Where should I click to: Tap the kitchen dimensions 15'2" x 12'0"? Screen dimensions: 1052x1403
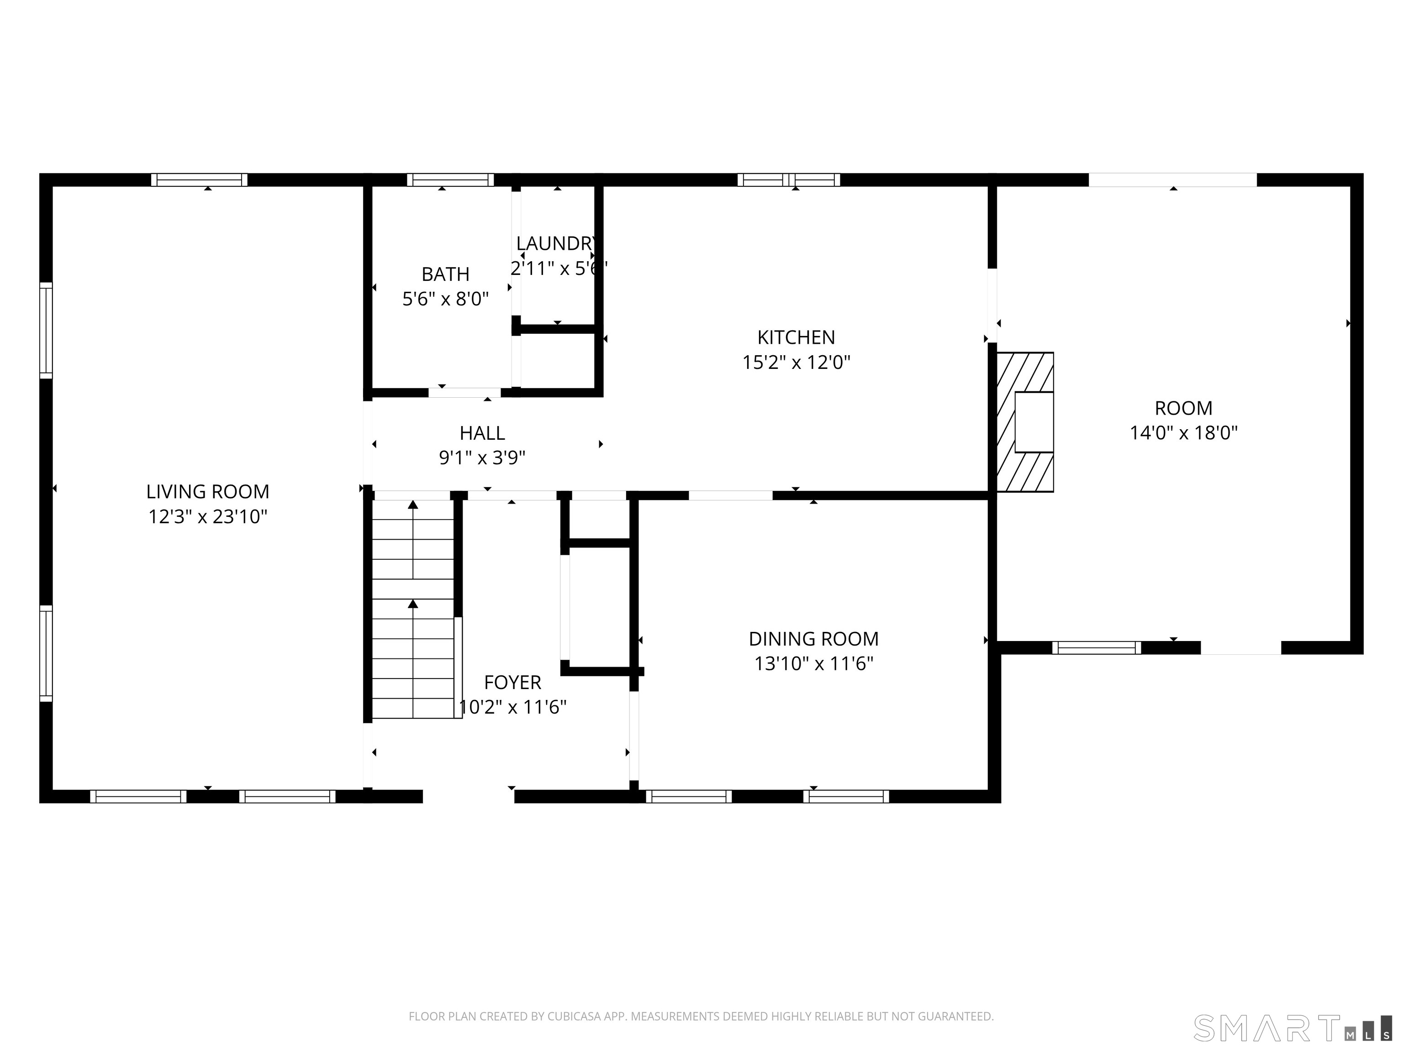pos(796,362)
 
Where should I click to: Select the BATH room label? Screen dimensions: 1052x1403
pos(445,274)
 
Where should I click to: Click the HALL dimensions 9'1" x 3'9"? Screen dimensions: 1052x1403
pos(482,457)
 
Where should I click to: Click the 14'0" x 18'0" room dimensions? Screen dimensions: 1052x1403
pos(1183,432)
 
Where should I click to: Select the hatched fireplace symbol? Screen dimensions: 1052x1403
pos(1025,422)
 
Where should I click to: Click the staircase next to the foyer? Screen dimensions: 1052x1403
pos(413,609)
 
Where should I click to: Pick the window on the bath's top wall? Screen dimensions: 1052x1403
pos(450,180)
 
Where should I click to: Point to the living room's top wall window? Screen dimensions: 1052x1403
pos(199,180)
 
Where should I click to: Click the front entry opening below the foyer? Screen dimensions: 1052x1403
pos(468,796)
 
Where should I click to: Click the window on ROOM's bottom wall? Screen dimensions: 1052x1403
pos(1097,647)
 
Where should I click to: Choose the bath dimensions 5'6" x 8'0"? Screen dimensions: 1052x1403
pos(445,299)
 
